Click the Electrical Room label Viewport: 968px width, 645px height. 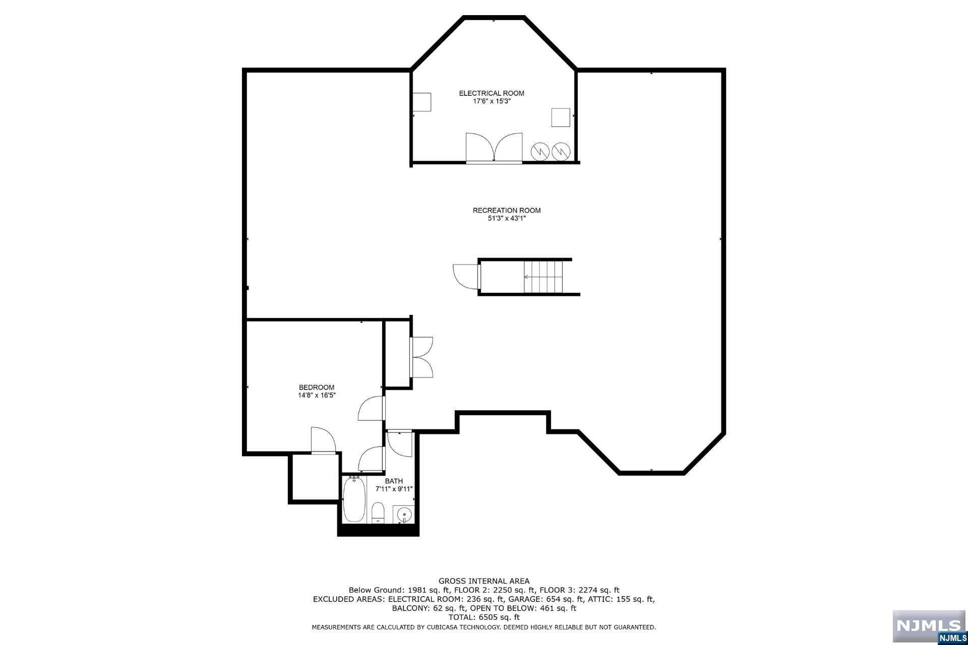(x=491, y=93)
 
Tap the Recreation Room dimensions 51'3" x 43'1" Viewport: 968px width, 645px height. (x=506, y=218)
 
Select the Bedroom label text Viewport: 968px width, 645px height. (x=316, y=388)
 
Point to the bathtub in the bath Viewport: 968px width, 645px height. (x=354, y=500)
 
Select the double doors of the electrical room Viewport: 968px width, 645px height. (x=494, y=147)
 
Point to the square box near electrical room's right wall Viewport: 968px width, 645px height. (x=561, y=117)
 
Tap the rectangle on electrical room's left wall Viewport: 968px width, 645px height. (x=422, y=102)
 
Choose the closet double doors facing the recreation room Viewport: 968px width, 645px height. (x=422, y=357)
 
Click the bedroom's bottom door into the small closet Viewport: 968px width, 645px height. (x=323, y=441)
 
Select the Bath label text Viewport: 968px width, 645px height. (x=394, y=481)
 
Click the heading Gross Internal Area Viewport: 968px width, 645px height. (x=484, y=581)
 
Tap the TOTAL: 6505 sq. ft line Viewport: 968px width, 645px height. (x=484, y=617)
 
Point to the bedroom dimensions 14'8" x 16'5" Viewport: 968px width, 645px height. (x=316, y=396)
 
